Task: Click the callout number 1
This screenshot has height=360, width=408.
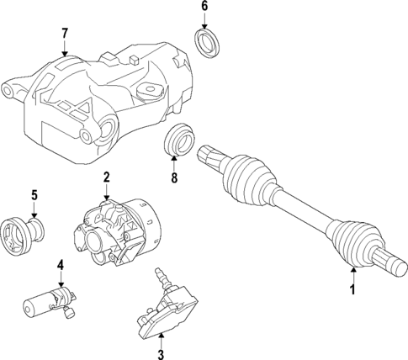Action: click(x=352, y=290)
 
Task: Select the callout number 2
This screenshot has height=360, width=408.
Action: click(x=107, y=177)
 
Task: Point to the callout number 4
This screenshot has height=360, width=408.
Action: click(x=61, y=265)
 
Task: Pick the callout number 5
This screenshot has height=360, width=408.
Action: click(x=34, y=196)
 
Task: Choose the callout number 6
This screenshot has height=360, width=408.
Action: click(x=204, y=7)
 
